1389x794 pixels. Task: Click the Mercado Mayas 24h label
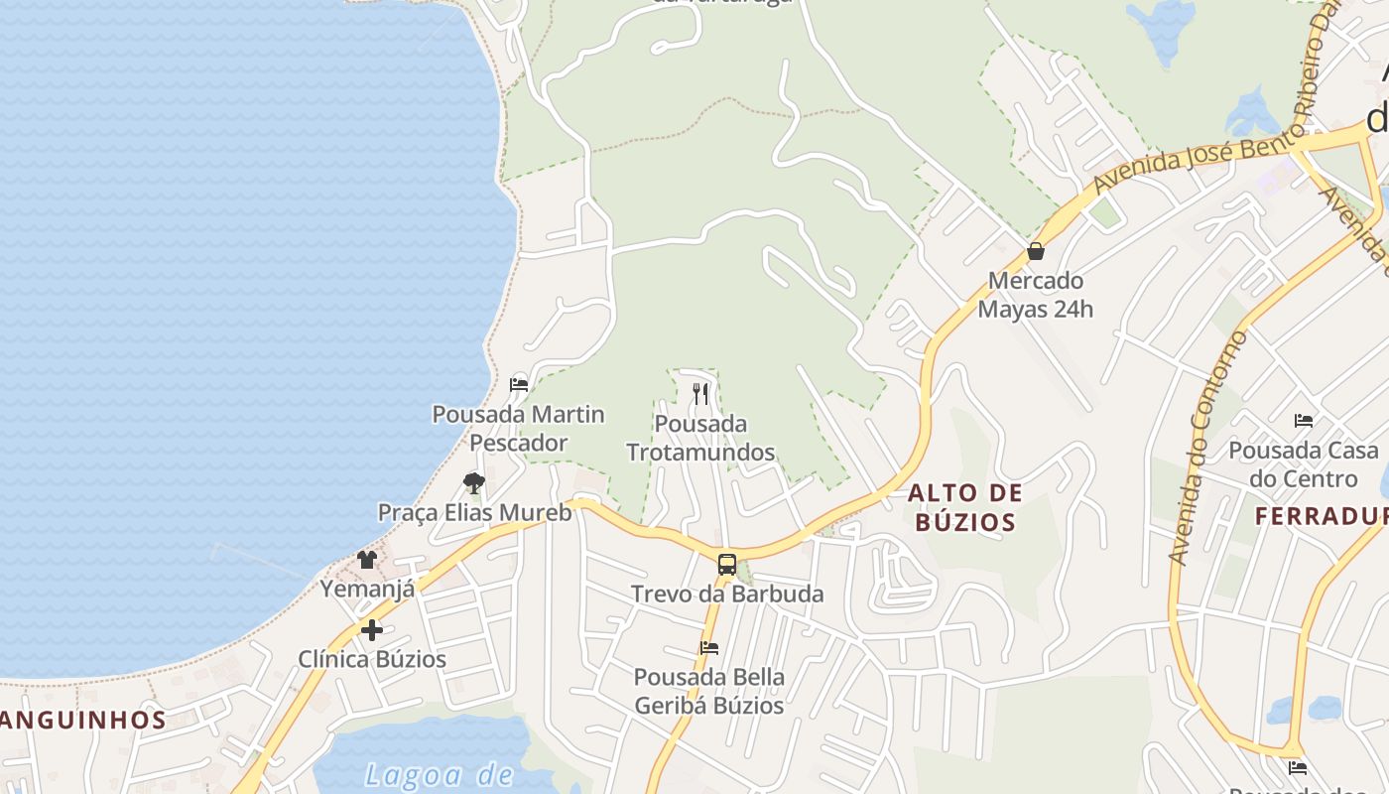1036,295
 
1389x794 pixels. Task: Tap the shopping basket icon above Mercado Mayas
1036,251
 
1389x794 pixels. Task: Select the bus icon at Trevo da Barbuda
727,565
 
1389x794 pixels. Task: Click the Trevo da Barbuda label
727,595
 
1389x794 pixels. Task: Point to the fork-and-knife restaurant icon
700,394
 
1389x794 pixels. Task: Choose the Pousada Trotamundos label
700,438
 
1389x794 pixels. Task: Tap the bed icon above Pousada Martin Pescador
518,384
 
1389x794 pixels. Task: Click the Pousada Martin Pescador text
518,428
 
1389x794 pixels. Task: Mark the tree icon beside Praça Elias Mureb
474,483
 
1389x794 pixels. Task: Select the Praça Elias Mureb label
474,513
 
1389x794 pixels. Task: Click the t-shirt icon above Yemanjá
367,560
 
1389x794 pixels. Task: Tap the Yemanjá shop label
367,590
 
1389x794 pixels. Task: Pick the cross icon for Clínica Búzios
372,630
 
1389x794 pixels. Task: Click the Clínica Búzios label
372,659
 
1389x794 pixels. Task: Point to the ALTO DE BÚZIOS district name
964,507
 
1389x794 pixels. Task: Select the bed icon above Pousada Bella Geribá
708,648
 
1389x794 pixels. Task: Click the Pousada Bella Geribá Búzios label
708,692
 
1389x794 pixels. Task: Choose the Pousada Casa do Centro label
1303,464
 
